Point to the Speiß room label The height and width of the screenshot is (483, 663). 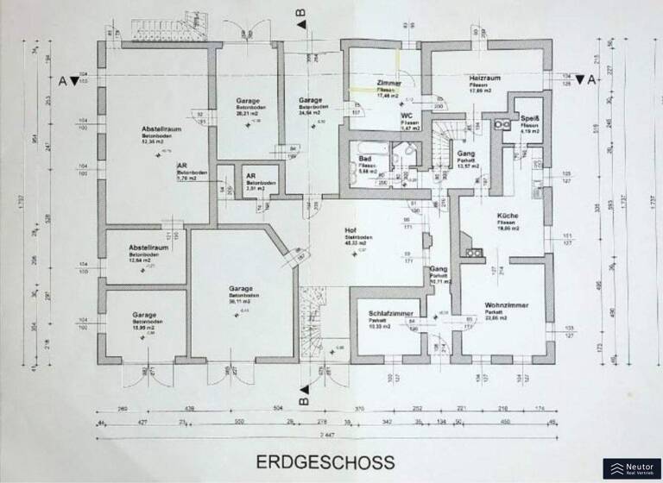pyautogui.click(x=529, y=118)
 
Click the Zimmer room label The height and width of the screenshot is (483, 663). pyautogui.click(x=389, y=83)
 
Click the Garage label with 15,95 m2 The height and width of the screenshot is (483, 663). pyautogui.click(x=144, y=316)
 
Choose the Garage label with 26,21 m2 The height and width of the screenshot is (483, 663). pyautogui.click(x=249, y=101)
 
